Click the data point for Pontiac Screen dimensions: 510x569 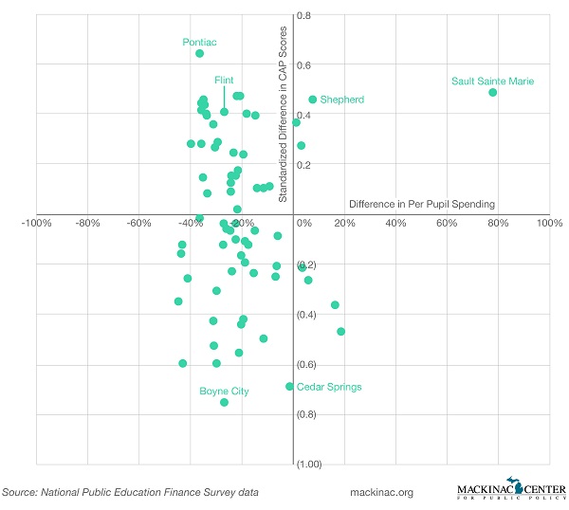coord(200,54)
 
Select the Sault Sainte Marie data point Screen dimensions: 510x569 coord(493,92)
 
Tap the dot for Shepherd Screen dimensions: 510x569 coord(313,100)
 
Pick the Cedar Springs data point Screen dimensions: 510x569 coord(290,387)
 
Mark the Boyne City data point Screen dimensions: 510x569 coord(225,403)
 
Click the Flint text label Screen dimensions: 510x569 coord(224,81)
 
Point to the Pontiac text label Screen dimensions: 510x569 coord(200,42)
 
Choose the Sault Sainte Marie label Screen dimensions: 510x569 coord(493,82)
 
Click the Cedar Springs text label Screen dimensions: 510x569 coord(329,387)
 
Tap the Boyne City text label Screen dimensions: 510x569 coord(224,391)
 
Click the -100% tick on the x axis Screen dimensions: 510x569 coord(36,224)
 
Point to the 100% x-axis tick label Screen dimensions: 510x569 coord(549,224)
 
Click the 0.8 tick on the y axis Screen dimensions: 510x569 coord(305,16)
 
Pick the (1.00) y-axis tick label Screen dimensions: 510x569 coord(309,464)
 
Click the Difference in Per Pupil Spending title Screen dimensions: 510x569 coord(422,204)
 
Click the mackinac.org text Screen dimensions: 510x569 coord(382,493)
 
